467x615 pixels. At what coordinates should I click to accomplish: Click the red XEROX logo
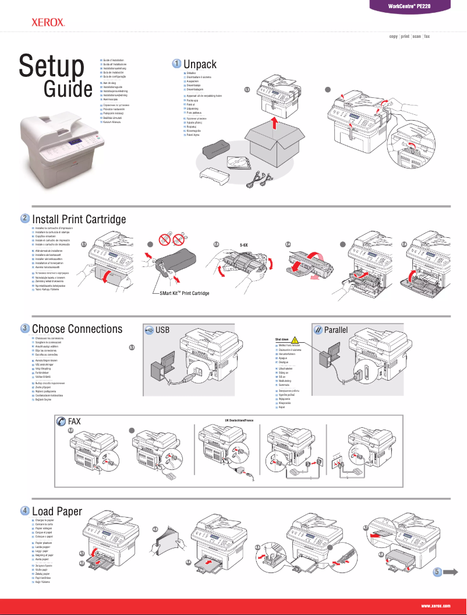pyautogui.click(x=48, y=23)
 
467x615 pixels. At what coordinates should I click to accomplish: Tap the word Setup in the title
pyautogui.click(x=51, y=66)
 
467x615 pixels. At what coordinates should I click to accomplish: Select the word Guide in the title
pyautogui.click(x=69, y=90)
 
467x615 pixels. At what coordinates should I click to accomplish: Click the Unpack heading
pyautogui.click(x=200, y=63)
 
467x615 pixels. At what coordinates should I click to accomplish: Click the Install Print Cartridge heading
pyautogui.click(x=79, y=219)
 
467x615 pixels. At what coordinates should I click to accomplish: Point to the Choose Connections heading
pyautogui.click(x=77, y=329)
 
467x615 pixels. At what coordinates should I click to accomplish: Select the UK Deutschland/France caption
pyautogui.click(x=246, y=420)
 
